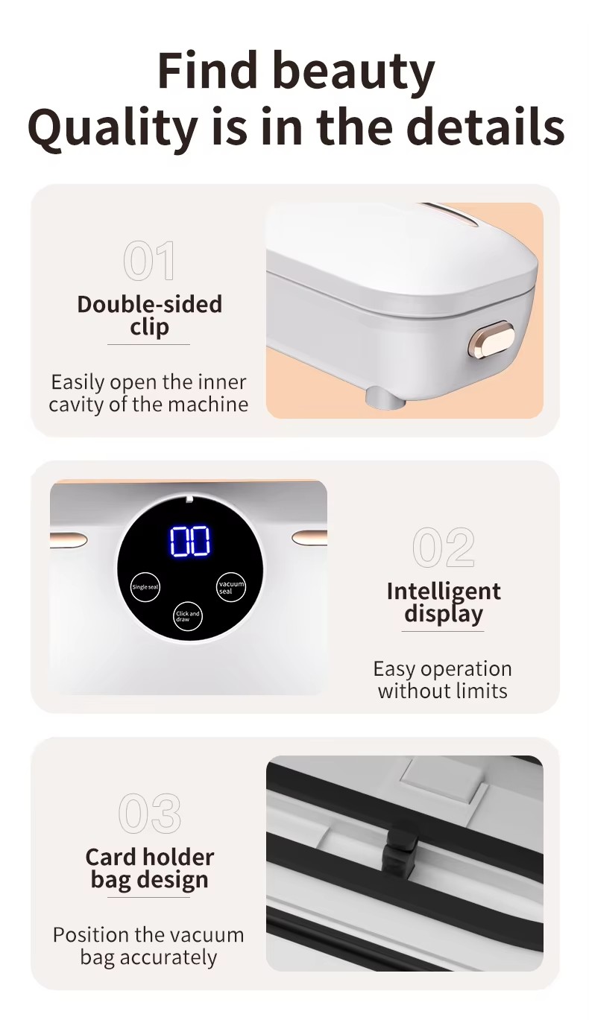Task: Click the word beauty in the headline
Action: coord(355,72)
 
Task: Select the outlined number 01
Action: coord(149,261)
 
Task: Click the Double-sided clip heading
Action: coord(149,315)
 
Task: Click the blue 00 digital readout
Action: coord(190,541)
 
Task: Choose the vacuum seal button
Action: coord(231,587)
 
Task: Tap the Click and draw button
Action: coord(187,616)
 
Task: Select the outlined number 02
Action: coord(443,547)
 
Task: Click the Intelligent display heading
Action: coord(443,602)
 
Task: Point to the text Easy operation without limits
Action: coord(443,680)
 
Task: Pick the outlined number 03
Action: coord(150,813)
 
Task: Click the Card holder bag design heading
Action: coord(149,868)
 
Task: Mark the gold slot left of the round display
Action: coord(69,539)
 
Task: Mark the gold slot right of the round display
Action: coord(309,537)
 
